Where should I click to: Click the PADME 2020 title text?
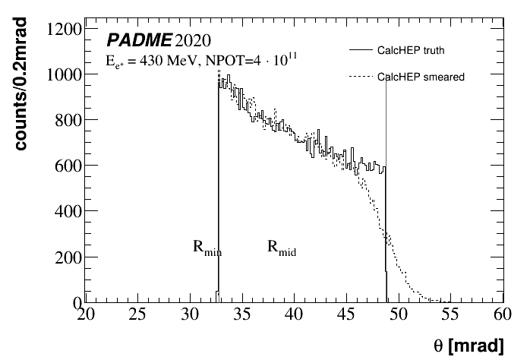tap(159, 39)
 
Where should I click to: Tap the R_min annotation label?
tap(206, 247)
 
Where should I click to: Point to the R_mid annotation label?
tap(281, 247)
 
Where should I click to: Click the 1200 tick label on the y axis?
tap(64, 30)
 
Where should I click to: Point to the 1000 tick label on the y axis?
tap(64, 74)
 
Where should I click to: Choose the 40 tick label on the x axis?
tap(295, 315)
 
